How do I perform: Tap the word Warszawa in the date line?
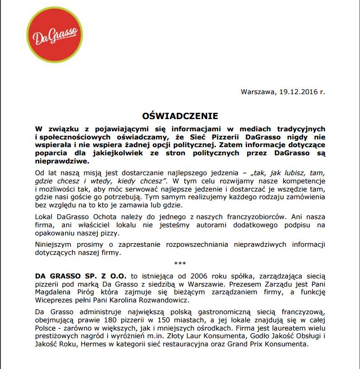point(257,92)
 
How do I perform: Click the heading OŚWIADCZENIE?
point(180,116)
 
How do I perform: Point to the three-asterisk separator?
point(180,264)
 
